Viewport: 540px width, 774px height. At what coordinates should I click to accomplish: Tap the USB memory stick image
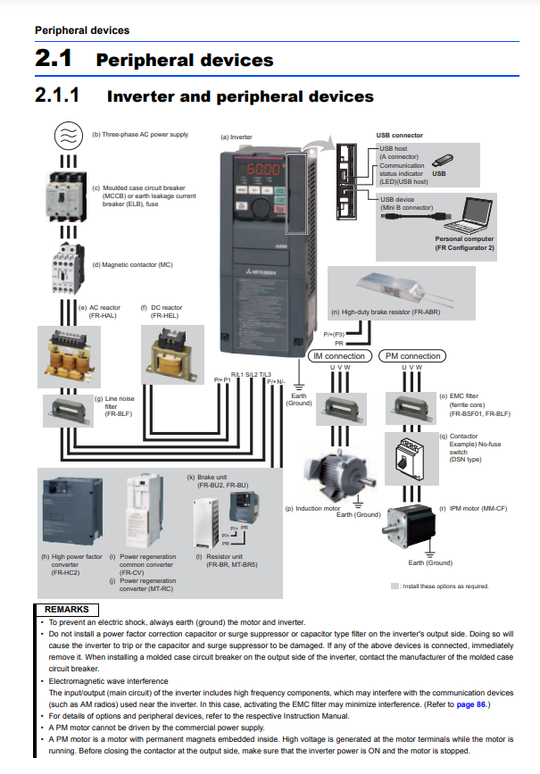point(447,161)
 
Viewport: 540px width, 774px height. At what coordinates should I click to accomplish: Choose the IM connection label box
point(338,356)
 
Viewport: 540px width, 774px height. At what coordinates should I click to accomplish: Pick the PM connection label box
point(411,356)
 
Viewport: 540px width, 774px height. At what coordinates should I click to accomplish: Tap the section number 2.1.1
point(57,96)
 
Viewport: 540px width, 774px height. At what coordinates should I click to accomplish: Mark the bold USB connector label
point(399,136)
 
